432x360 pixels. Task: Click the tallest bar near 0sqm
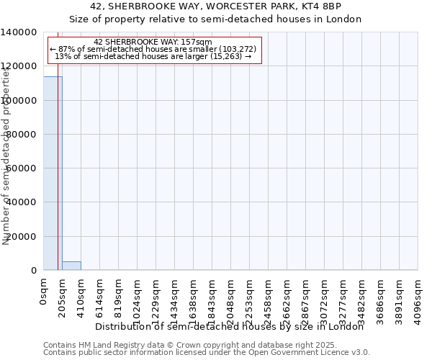tap(53, 173)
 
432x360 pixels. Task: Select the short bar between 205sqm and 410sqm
tap(71, 266)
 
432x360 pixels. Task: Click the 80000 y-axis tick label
tap(22, 135)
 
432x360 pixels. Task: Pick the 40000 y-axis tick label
tap(22, 202)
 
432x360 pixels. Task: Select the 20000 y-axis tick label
tap(22, 237)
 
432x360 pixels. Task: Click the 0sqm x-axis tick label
tap(44, 294)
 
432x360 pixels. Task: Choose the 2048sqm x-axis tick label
tap(231, 301)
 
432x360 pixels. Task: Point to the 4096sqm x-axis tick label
tap(418, 301)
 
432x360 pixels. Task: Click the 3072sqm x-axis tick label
tap(325, 301)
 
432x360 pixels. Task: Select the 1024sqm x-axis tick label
tap(138, 301)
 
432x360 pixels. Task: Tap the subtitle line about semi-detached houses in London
tap(215, 19)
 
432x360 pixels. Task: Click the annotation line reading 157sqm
tap(153, 42)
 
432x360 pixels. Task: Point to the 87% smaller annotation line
tap(153, 49)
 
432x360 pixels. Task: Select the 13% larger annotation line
tap(153, 56)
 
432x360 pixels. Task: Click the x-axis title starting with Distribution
tap(230, 327)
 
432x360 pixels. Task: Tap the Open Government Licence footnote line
tap(207, 353)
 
